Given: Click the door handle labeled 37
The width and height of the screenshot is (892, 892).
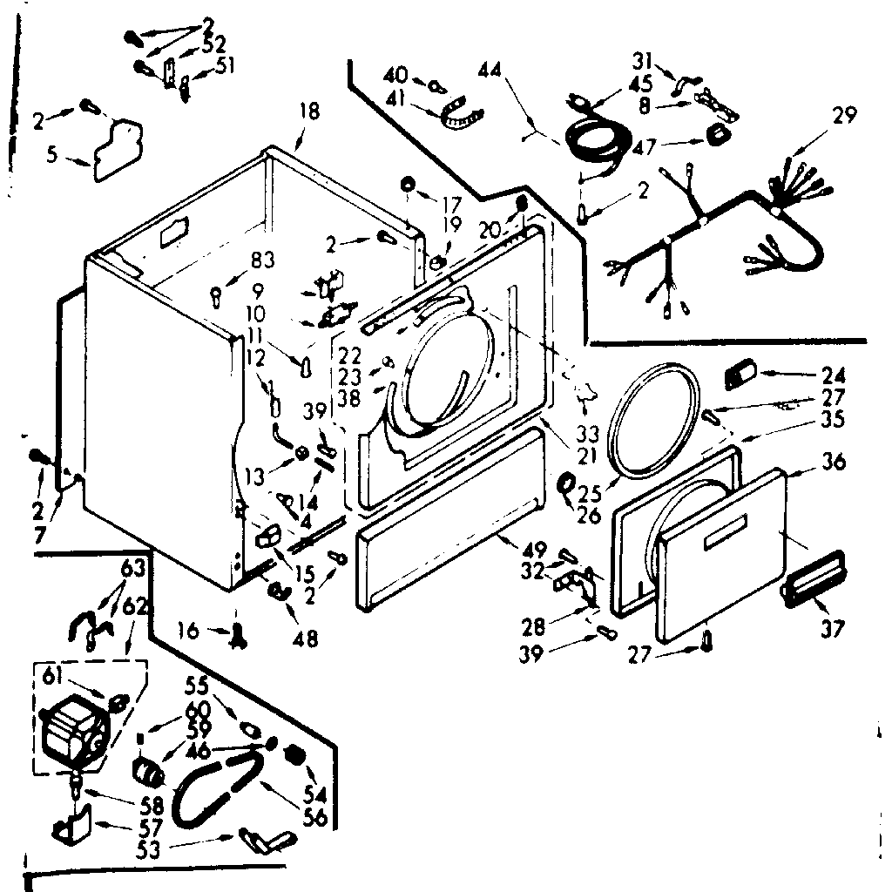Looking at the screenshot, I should [814, 578].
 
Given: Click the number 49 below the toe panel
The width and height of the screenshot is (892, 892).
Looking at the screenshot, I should [535, 550].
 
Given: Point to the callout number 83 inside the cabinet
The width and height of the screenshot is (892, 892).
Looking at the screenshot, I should [261, 260].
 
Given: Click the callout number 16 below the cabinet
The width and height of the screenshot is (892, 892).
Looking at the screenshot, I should [189, 629].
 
